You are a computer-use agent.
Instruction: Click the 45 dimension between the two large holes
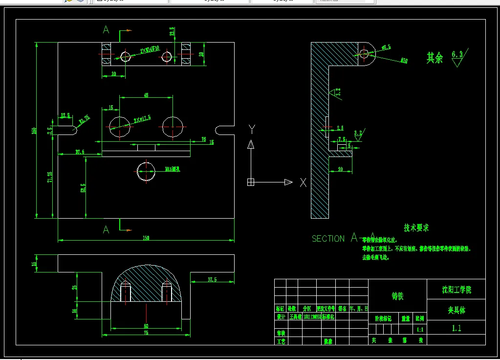coord(146,95)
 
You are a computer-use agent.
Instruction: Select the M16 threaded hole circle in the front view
coord(146,171)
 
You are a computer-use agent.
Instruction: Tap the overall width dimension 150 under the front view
coord(146,238)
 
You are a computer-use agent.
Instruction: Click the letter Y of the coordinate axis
coord(252,129)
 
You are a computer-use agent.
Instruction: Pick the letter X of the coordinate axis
coord(303,182)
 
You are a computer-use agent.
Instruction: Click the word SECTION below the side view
coord(328,239)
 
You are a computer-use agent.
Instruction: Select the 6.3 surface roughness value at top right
coord(457,55)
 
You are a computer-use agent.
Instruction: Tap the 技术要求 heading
coord(416,228)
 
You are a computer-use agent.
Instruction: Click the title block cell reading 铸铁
coord(397,296)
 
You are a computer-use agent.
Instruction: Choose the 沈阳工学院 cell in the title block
coord(456,290)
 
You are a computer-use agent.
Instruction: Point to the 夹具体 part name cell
coord(456,310)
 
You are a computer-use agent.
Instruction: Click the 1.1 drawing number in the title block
coord(456,328)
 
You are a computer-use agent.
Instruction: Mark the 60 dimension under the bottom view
coord(146,325)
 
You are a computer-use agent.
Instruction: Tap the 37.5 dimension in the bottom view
coord(212,280)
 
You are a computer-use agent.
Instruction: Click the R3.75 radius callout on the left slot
coord(84,118)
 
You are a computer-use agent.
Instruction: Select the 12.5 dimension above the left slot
coord(65,115)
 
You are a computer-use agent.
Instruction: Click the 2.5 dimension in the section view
coord(340,128)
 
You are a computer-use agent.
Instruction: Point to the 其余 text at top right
coord(435,58)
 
